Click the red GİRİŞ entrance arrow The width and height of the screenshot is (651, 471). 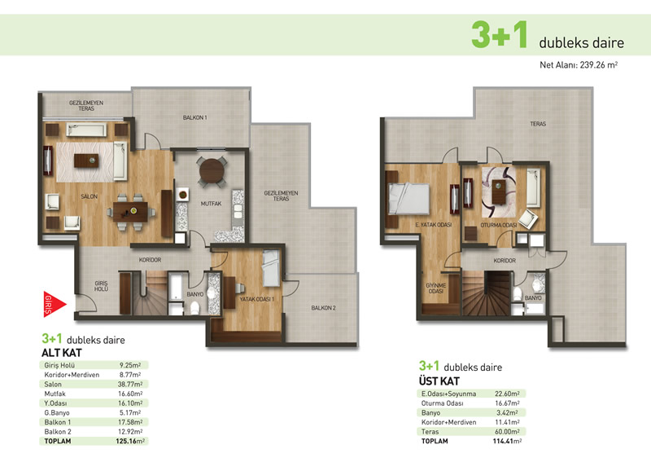pyautogui.click(x=54, y=304)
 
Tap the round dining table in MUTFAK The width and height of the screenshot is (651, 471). pyautogui.click(x=212, y=171)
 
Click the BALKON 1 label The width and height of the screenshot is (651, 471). pyautogui.click(x=194, y=117)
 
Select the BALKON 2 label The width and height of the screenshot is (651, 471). pyautogui.click(x=323, y=308)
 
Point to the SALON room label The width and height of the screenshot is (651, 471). pyautogui.click(x=90, y=196)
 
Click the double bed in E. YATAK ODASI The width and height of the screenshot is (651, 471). pyautogui.click(x=408, y=199)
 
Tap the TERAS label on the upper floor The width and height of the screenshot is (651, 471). pyautogui.click(x=538, y=124)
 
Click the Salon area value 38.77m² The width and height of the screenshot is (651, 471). pyautogui.click(x=130, y=384)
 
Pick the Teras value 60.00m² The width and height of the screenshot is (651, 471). pyautogui.click(x=507, y=432)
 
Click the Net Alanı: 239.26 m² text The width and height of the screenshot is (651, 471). pyautogui.click(x=579, y=65)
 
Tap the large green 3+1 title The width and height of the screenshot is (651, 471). pyautogui.click(x=500, y=34)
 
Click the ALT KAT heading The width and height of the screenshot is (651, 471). pyautogui.click(x=62, y=353)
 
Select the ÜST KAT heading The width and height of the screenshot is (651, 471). pyautogui.click(x=439, y=381)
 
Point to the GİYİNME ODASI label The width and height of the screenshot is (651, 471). pyautogui.click(x=436, y=288)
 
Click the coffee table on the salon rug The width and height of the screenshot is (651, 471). pyautogui.click(x=86, y=161)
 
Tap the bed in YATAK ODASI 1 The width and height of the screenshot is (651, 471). pyautogui.click(x=271, y=268)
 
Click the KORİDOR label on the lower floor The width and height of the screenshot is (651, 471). pyautogui.click(x=150, y=260)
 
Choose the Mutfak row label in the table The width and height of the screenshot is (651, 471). pyautogui.click(x=55, y=394)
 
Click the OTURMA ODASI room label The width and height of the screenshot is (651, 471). pyautogui.click(x=499, y=225)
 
